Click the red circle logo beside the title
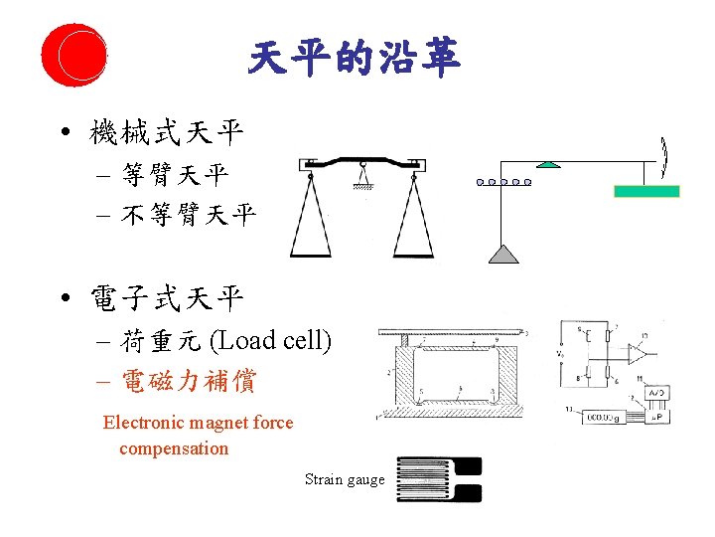click(74, 54)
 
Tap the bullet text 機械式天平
click(166, 130)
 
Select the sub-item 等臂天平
click(175, 177)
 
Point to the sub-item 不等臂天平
click(188, 214)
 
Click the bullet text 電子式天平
click(166, 296)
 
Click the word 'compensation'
click(174, 448)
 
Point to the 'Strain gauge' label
click(345, 479)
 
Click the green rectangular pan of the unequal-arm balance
click(646, 191)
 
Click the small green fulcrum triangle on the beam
click(544, 164)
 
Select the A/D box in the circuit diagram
click(656, 393)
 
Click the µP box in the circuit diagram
click(656, 416)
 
